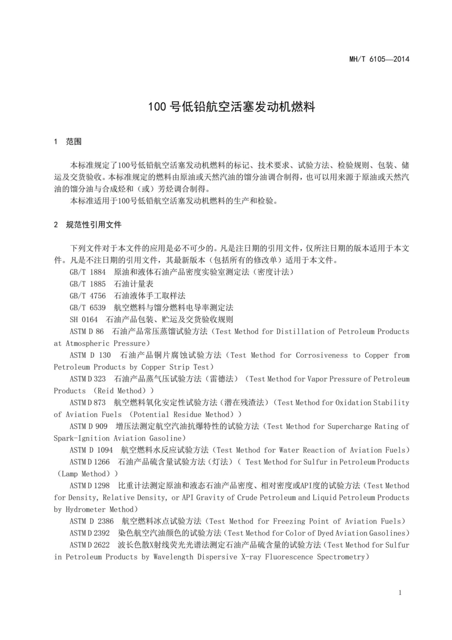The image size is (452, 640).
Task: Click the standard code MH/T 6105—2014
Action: coord(379,59)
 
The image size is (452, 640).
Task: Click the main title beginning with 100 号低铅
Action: coord(231,107)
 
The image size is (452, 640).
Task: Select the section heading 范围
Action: coord(74,141)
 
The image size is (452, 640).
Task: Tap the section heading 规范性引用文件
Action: coord(94,225)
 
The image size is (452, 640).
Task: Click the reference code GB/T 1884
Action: coord(88,272)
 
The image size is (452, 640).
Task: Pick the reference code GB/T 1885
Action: coord(88,284)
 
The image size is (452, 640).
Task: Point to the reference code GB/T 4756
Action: coord(88,296)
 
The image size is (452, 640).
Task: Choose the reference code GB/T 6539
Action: coord(88,308)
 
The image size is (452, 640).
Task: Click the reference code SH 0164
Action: coord(84,320)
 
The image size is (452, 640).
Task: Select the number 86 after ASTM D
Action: coord(99,332)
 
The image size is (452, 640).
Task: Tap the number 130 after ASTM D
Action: coord(105,355)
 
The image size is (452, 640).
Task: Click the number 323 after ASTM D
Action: coord(100,379)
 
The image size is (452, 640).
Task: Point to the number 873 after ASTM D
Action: coord(100,403)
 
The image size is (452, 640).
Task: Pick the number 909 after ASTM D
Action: coord(101,426)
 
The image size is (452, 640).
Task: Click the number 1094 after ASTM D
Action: coord(105,450)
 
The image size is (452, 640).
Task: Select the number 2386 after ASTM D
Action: coord(106,522)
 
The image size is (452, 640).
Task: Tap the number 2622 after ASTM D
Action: coord(102,545)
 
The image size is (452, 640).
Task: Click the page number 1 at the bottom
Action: coord(400,592)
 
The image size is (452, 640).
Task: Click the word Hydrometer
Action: coord(84,510)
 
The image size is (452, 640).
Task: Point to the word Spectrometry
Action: coord(343,557)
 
